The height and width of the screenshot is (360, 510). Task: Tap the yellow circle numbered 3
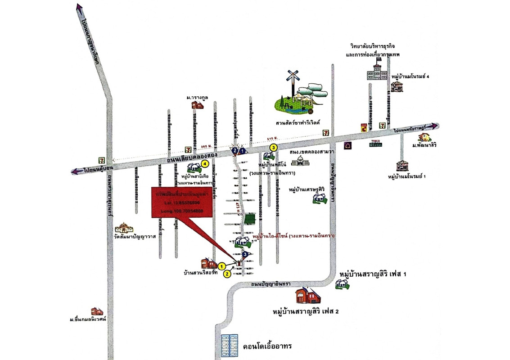[272, 147]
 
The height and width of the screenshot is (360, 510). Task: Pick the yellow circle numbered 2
[227, 273]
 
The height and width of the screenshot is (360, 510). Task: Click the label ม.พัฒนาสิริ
[425, 146]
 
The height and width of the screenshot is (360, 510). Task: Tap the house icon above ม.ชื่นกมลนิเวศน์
[97, 311]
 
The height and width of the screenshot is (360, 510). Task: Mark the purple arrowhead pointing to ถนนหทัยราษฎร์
[434, 126]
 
